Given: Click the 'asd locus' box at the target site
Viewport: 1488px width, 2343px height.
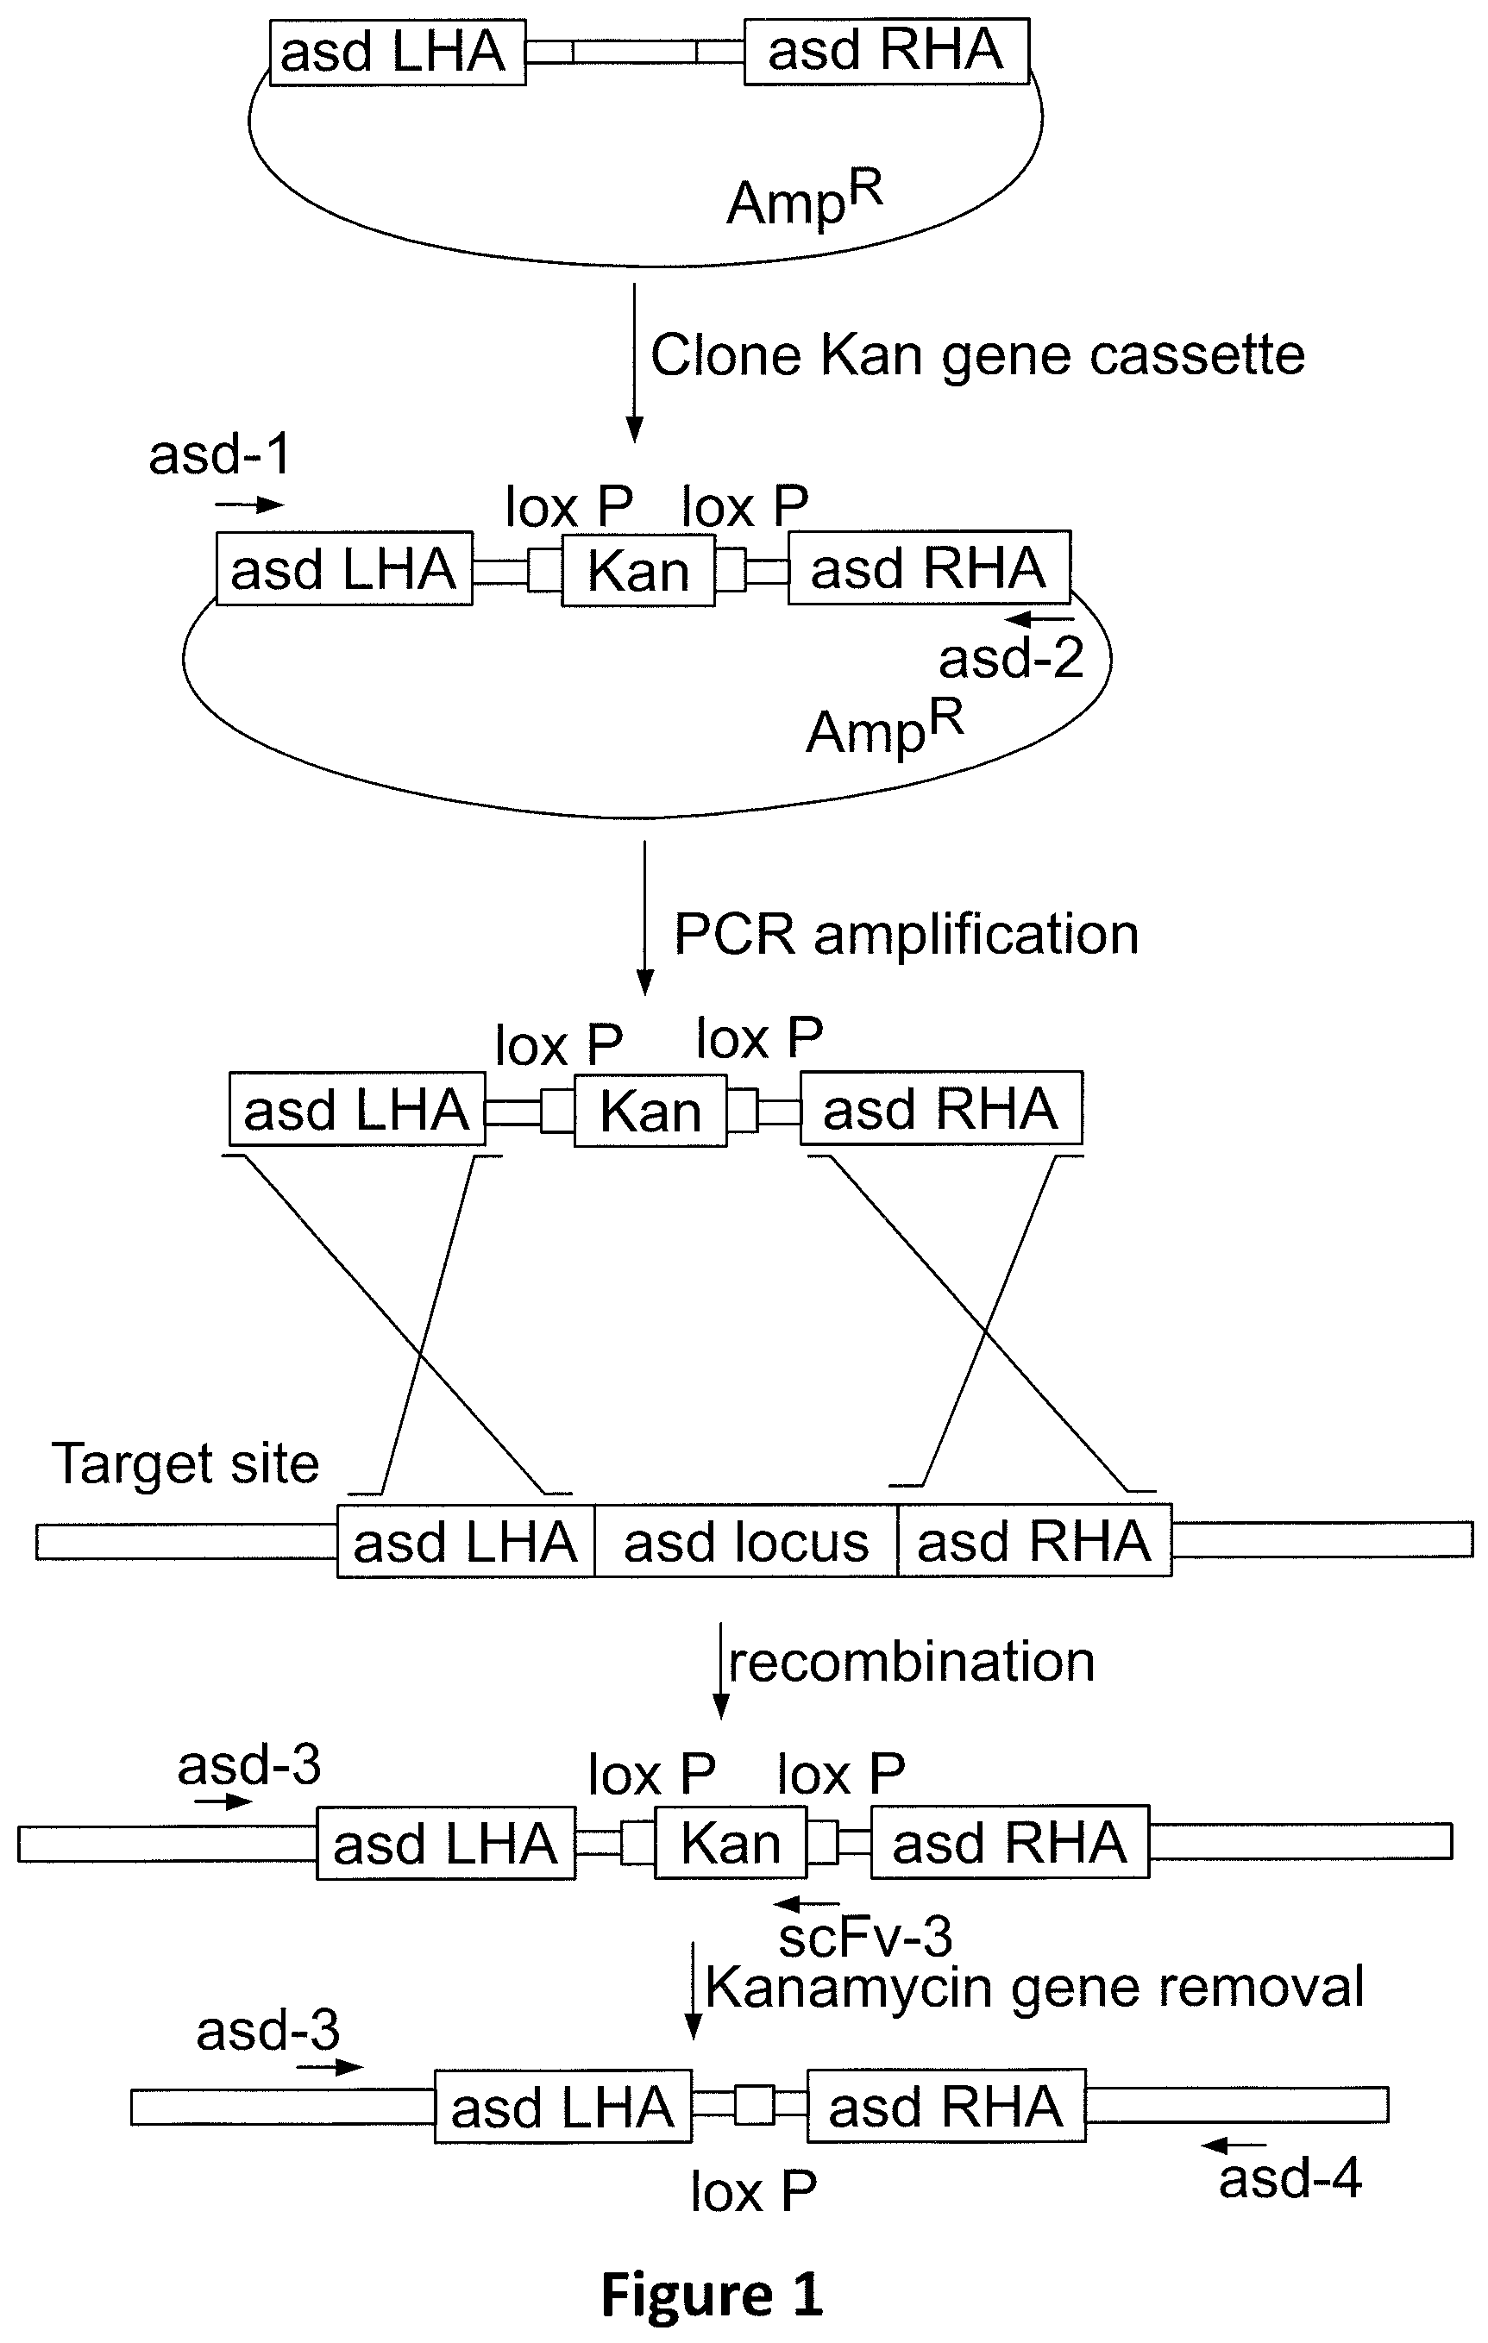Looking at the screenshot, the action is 745,1540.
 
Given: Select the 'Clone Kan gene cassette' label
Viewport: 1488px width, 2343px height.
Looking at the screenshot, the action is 977,355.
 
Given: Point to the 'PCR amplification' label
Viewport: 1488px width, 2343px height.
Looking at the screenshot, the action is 906,935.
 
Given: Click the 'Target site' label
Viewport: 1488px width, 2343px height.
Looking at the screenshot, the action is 185,1463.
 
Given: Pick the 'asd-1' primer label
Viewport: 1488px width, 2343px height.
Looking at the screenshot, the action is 220,454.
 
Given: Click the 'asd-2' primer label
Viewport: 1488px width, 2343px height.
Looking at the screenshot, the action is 1011,658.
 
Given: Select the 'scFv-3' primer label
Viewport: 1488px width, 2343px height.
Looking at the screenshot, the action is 865,1936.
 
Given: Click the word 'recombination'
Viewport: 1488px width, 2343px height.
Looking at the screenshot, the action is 912,1661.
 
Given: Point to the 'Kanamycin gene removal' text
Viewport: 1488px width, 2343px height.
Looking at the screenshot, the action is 1034,1987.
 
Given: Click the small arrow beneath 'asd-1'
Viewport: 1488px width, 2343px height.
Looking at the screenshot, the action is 249,504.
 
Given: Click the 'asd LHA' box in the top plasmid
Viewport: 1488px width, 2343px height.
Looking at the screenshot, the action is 397,52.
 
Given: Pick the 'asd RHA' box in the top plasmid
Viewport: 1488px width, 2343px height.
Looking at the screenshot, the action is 887,51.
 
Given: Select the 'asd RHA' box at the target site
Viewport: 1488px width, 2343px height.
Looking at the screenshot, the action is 1034,1540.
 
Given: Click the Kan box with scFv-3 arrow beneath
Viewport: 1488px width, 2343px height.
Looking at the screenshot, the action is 731,1842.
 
